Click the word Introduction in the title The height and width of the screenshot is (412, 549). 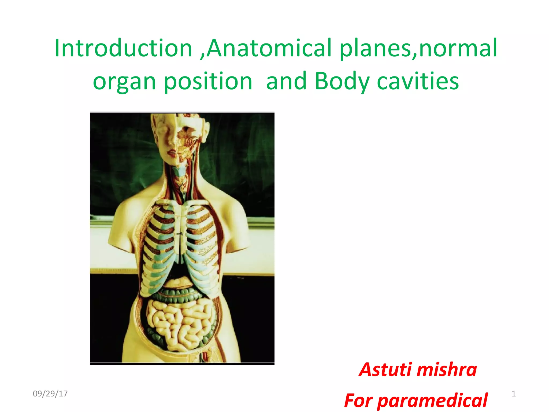(x=123, y=48)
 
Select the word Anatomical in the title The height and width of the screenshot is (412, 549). (x=269, y=48)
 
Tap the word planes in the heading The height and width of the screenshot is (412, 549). (x=375, y=48)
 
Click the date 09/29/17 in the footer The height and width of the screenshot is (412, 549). (x=50, y=393)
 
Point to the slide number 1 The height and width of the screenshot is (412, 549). (x=514, y=393)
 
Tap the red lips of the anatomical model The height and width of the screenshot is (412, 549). (x=172, y=154)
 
